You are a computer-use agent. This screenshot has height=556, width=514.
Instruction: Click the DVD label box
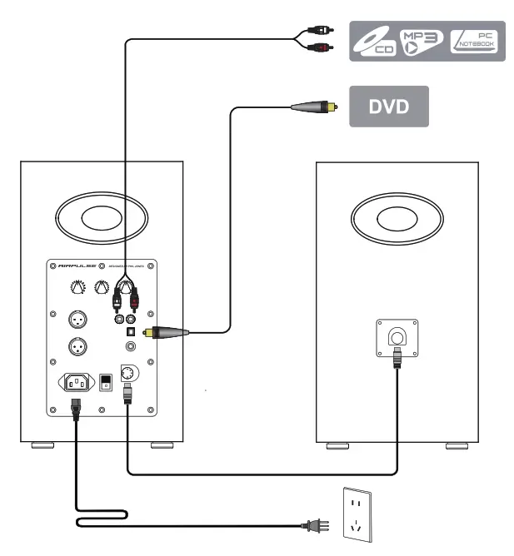[x=388, y=107]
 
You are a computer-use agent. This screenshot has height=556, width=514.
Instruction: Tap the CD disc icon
[x=372, y=42]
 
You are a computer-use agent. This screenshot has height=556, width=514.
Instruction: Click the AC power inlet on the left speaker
[x=75, y=384]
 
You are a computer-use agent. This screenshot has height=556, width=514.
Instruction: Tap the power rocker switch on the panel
[x=105, y=382]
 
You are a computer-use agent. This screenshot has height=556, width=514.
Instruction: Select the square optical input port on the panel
[x=130, y=331]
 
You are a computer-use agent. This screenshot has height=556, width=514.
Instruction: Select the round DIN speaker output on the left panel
[x=127, y=372]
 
